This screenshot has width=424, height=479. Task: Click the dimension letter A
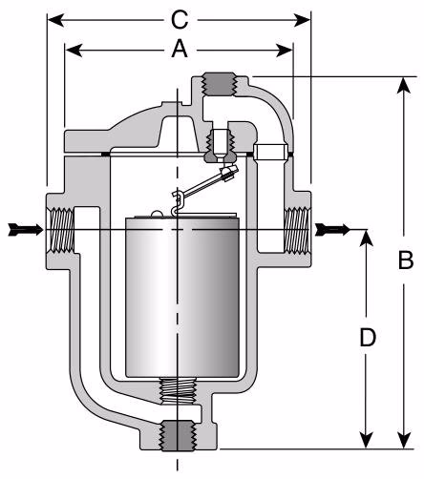[178, 52]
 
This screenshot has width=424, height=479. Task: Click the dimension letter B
[405, 260]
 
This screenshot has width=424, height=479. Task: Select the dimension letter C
[179, 18]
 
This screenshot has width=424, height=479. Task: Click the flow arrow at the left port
[25, 229]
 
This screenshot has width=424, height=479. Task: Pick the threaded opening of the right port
[297, 230]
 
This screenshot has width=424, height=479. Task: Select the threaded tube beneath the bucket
[179, 390]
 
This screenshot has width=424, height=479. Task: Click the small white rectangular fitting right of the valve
[269, 151]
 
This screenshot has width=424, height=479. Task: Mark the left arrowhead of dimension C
[53, 18]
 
